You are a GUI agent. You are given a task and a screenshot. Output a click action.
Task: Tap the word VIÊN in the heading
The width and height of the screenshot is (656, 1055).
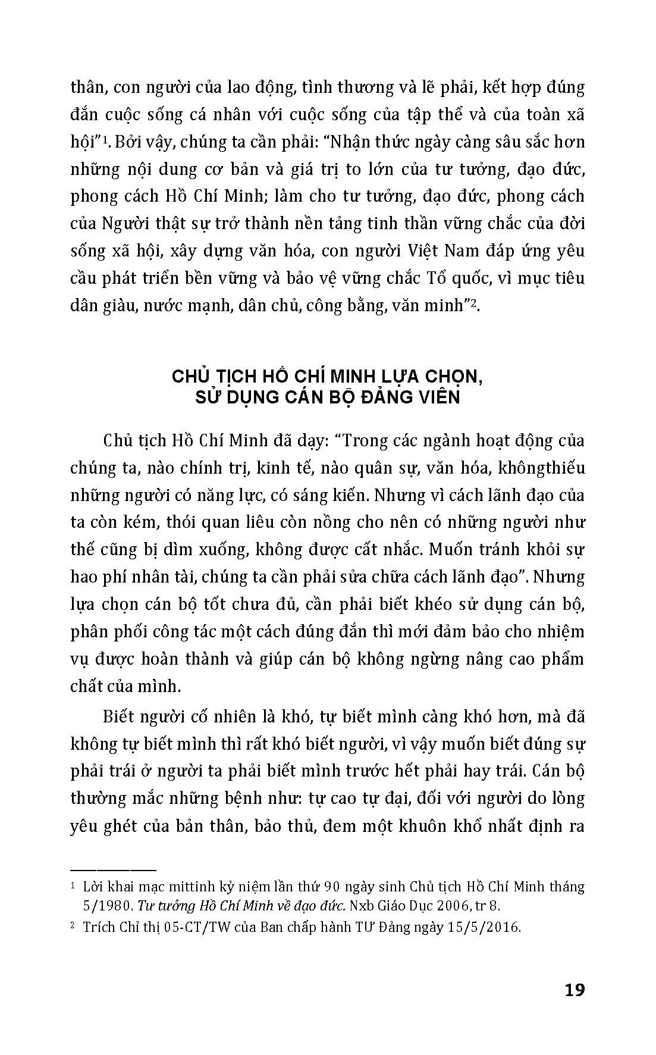click(x=439, y=397)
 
